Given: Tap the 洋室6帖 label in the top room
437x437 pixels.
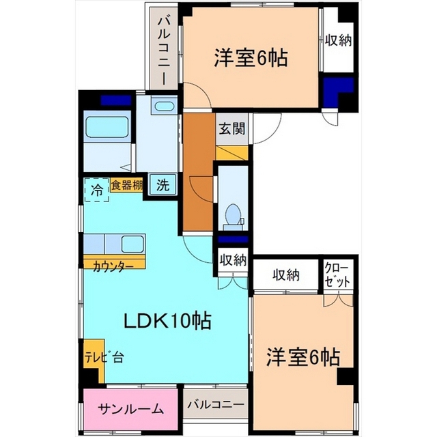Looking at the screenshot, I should pos(250,57).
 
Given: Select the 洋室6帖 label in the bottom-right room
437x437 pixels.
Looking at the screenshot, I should pos(303,356).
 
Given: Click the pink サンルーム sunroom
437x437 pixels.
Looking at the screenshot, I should pos(130,409).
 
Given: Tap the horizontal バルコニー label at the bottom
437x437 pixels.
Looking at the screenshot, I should pos(215,405).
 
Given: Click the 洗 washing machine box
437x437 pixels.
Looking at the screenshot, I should pos(163,184).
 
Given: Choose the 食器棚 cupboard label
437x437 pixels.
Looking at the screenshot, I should pos(127,185).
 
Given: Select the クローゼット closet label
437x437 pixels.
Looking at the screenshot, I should pos(337,274).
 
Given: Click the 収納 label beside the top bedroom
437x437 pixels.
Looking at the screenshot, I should pos(338,40).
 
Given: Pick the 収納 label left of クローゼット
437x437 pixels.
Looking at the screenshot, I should pos(287,274).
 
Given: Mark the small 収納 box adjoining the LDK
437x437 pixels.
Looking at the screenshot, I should pos(232,259).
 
